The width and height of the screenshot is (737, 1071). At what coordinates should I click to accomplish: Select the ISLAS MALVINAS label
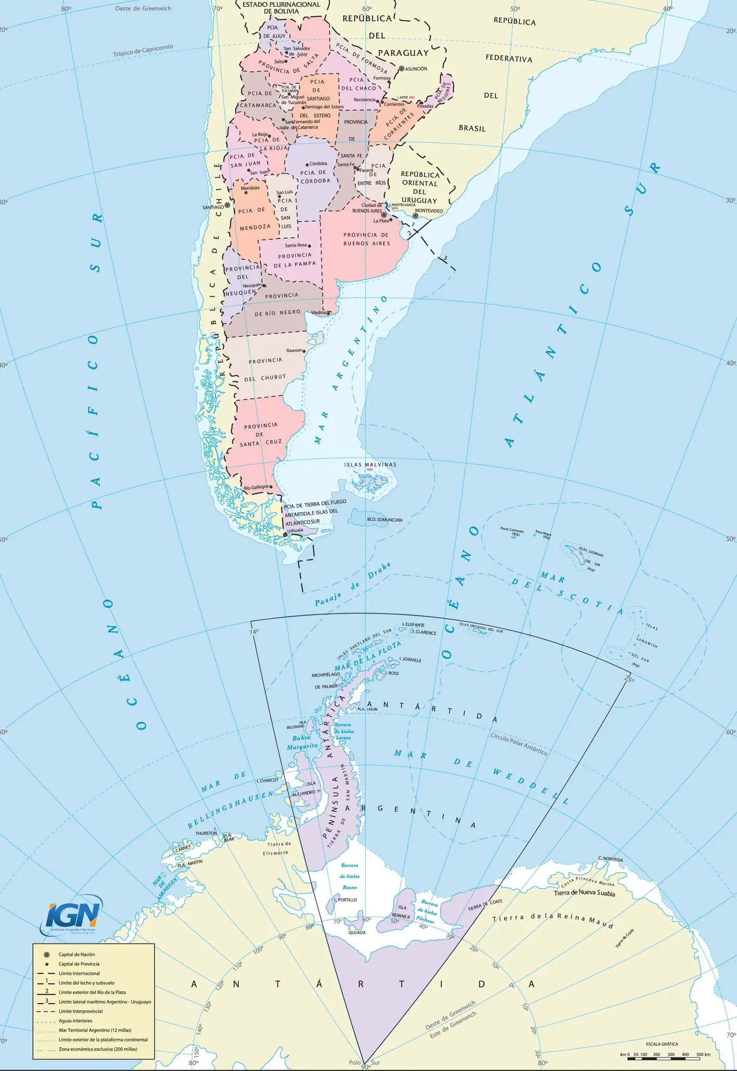point(370,464)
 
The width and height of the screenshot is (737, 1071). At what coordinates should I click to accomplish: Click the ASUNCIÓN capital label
point(416,69)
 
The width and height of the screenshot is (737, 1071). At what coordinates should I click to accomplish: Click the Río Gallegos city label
point(256,487)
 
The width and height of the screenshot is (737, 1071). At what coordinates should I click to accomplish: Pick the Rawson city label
point(294,350)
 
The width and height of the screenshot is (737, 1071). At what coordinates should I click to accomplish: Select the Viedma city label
point(318,313)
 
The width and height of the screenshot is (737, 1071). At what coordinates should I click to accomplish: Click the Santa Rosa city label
point(295,245)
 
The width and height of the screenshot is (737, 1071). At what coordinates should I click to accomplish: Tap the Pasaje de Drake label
point(353,585)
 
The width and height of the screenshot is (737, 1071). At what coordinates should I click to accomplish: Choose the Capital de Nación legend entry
point(77,954)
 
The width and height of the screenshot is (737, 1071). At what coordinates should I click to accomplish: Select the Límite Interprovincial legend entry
point(81,1011)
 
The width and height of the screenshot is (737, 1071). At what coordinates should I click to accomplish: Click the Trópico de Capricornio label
point(143,50)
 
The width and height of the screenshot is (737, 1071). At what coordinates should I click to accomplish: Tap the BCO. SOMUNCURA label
point(384,519)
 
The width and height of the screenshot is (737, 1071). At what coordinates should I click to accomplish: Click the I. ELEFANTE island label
point(413,625)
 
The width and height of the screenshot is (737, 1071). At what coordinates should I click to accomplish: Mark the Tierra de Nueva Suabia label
point(584,894)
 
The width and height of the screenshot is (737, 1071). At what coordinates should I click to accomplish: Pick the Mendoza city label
point(250,188)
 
